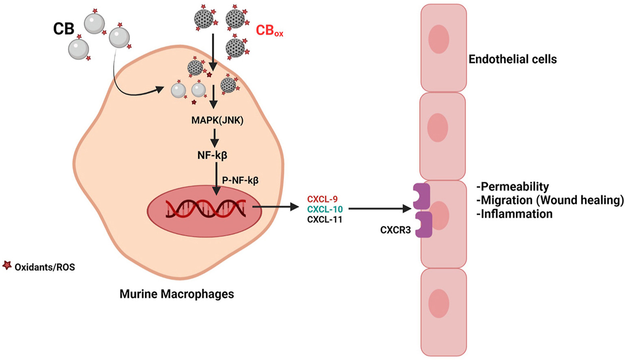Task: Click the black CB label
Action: pos(64,29)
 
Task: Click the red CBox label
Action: pos(269,31)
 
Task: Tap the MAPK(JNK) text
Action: pos(217,120)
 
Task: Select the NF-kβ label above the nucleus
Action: pos(212,155)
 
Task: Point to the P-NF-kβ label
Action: pos(240,180)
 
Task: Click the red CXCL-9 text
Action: pos(322,199)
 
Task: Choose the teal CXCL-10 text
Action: pos(325,209)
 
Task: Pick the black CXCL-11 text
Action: pos(325,219)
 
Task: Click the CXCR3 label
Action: pos(395,230)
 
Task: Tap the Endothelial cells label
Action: pos(512,59)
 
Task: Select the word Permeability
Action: pos(514,187)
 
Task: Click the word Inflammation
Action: pos(516,214)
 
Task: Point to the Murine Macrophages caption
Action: pos(177,294)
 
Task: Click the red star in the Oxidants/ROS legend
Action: pos(7,266)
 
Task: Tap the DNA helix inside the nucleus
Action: pos(206,208)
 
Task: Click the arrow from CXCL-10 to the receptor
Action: pos(380,209)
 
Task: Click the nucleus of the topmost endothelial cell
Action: pos(438,39)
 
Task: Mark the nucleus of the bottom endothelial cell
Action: pos(438,304)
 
